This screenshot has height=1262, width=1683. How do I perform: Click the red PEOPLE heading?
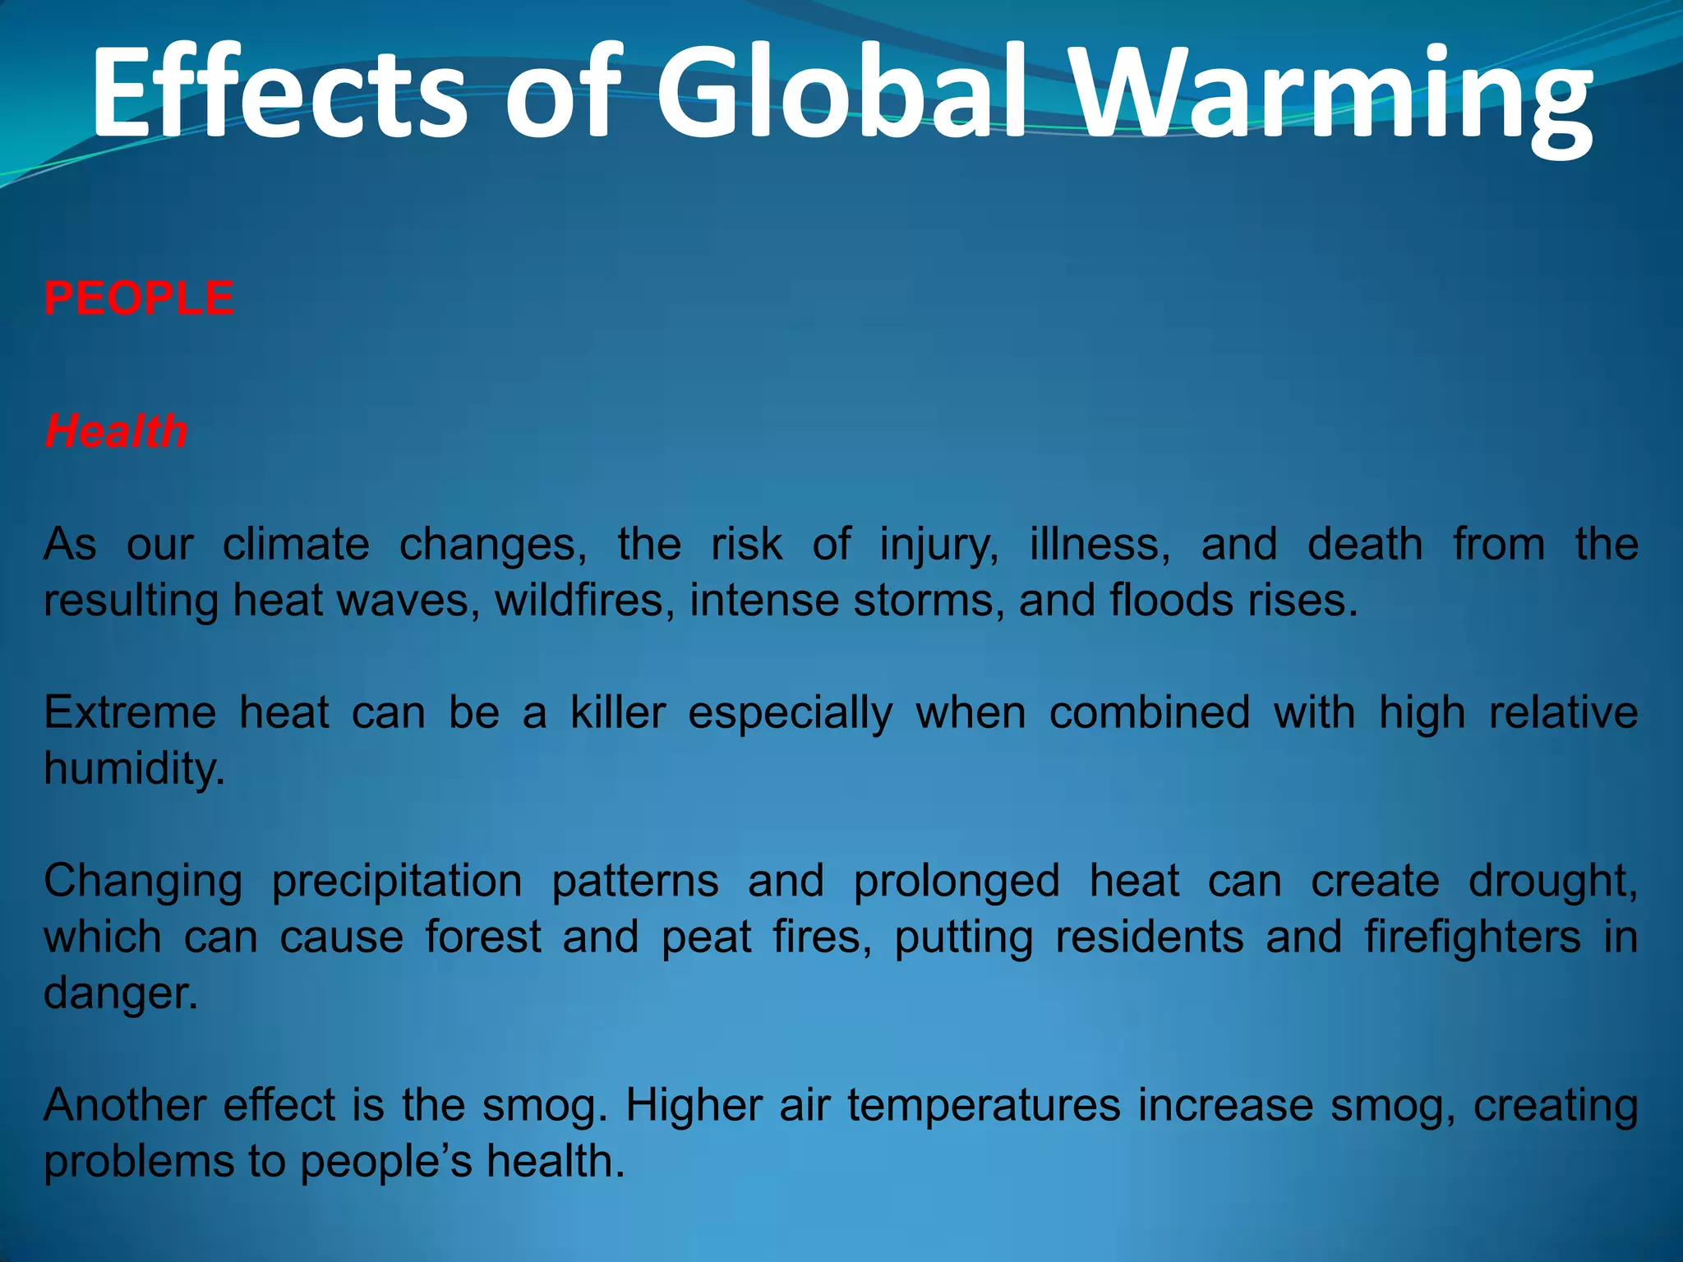[139, 297]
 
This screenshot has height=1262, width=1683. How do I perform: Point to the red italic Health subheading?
[116, 431]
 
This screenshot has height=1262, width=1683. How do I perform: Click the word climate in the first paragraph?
[296, 544]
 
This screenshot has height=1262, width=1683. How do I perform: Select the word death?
[1365, 544]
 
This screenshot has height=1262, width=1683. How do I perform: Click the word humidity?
[133, 769]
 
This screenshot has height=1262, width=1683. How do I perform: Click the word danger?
[120, 994]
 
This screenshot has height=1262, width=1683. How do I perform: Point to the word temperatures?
[984, 1106]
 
